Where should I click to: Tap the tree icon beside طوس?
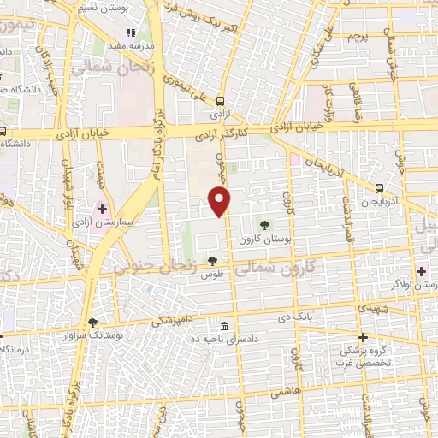click(x=212, y=261)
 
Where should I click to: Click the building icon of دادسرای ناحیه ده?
click(x=224, y=326)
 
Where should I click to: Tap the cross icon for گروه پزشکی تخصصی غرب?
click(x=364, y=337)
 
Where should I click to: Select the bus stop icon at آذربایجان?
click(x=379, y=188)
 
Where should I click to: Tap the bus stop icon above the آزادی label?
click(x=222, y=98)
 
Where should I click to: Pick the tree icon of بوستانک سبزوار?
click(x=92, y=322)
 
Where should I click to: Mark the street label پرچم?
click(x=356, y=36)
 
